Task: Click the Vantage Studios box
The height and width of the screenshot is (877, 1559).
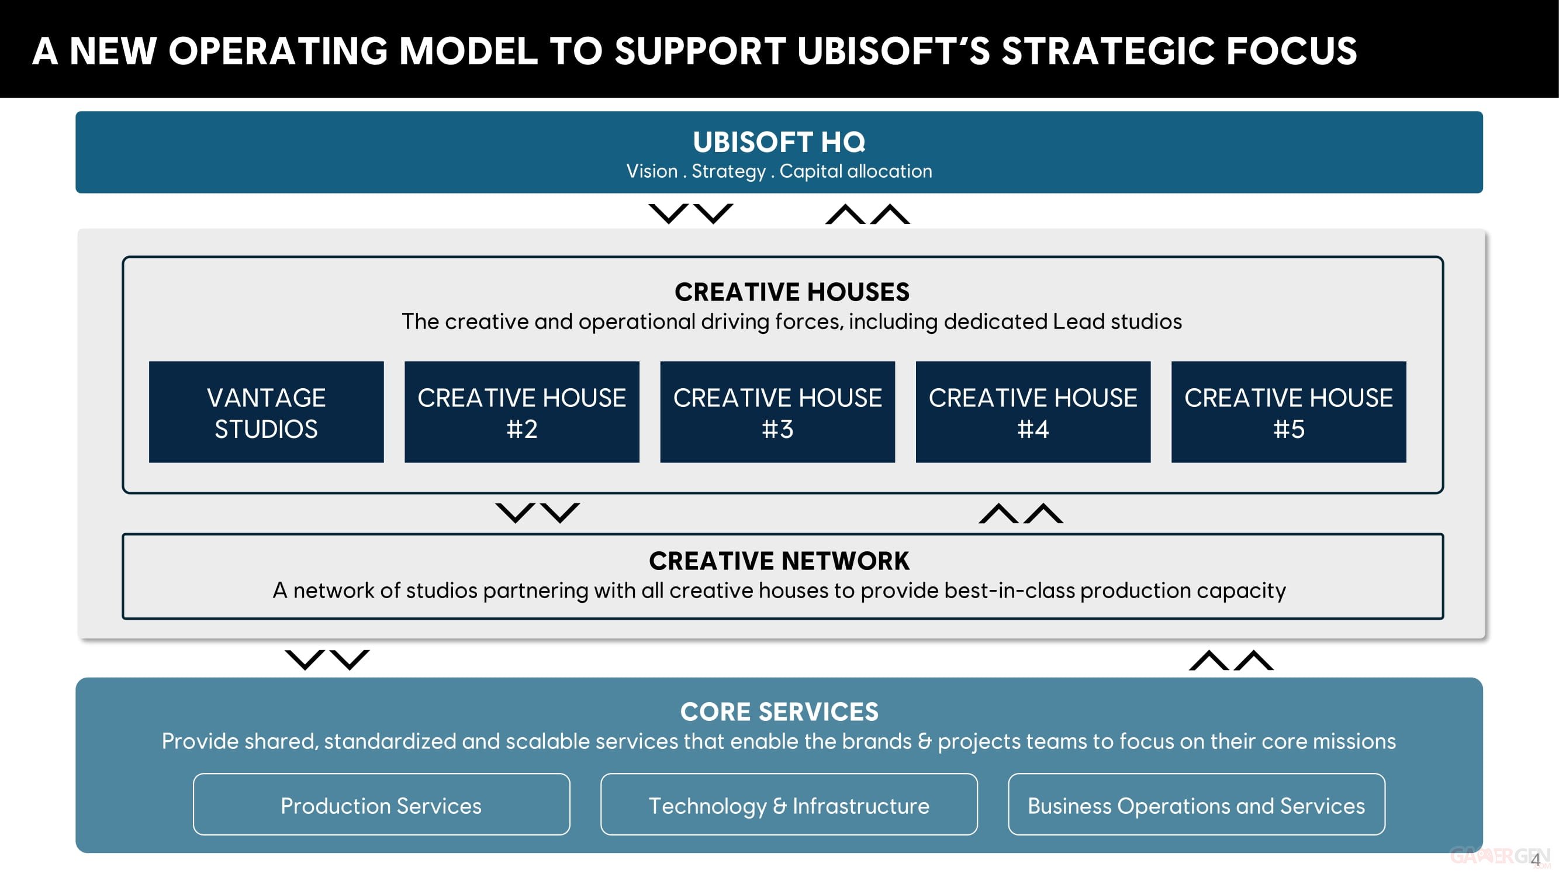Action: pyautogui.click(x=267, y=412)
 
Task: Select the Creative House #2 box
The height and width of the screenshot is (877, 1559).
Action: pyautogui.click(x=521, y=412)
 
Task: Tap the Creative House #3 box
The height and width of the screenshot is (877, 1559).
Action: pyautogui.click(x=777, y=412)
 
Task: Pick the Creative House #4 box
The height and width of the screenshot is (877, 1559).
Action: pyautogui.click(x=1032, y=412)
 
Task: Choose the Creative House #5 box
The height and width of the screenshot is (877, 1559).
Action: pyautogui.click(x=1288, y=412)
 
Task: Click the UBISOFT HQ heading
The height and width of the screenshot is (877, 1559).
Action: pyautogui.click(x=779, y=142)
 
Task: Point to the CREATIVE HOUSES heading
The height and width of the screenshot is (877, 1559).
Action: pyautogui.click(x=791, y=292)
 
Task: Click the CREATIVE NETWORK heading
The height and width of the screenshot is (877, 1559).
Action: pyautogui.click(x=779, y=561)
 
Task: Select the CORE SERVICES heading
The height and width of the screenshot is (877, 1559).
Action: pyautogui.click(x=779, y=712)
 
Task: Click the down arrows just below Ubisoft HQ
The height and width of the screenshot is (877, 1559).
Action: pyautogui.click(x=690, y=213)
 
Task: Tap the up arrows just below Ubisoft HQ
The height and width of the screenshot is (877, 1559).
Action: pyautogui.click(x=867, y=213)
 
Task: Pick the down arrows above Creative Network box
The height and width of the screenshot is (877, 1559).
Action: pyautogui.click(x=537, y=513)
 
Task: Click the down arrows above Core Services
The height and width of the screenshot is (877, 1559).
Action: pyautogui.click(x=327, y=660)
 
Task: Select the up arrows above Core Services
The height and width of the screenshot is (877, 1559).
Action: pyautogui.click(x=1231, y=660)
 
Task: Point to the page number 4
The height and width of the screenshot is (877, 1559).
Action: pyautogui.click(x=1535, y=859)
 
